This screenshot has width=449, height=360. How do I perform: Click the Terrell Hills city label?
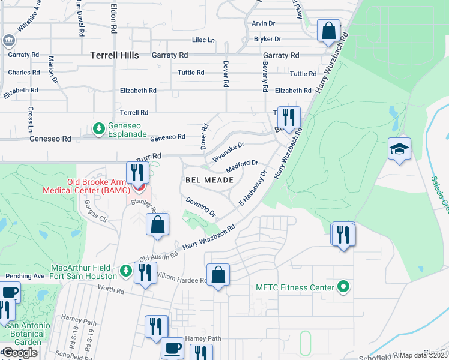[114, 55]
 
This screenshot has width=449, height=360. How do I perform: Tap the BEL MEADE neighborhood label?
[205, 179]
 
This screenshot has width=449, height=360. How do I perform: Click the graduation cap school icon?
[399, 148]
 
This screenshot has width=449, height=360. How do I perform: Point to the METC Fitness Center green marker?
[343, 287]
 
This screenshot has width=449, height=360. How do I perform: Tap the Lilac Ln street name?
[203, 40]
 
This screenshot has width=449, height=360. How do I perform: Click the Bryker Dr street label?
[267, 40]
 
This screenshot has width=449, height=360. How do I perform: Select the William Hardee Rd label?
[181, 278]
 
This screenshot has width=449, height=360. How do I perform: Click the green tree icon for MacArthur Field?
[125, 271]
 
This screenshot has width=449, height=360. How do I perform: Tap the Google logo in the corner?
[20, 353]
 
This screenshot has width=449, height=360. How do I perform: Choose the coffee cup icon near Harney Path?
[173, 347]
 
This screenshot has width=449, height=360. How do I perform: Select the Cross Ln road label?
[30, 120]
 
